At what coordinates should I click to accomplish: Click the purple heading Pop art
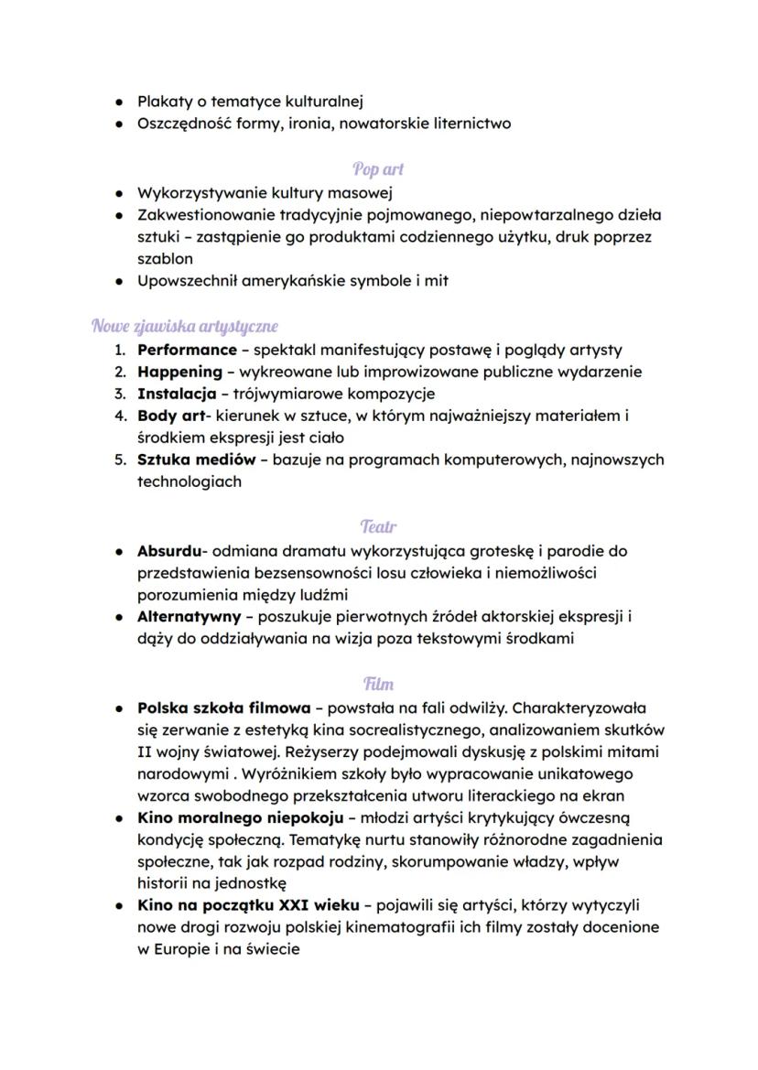point(378,169)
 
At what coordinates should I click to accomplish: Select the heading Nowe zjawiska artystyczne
point(184,326)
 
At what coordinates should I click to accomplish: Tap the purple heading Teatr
point(378,527)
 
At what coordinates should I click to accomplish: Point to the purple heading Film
point(378,684)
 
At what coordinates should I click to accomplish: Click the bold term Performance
point(187,350)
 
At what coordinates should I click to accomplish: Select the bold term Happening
point(179,372)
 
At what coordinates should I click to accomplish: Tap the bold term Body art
point(169,416)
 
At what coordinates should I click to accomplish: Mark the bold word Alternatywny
point(189,617)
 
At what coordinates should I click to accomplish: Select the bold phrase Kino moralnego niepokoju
point(240,817)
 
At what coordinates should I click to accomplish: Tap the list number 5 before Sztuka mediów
point(119,459)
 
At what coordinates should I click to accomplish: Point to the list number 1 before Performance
point(119,350)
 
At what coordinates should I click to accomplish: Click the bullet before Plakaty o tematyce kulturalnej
point(120,102)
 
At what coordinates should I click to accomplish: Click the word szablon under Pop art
point(165,259)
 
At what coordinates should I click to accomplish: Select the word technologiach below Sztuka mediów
point(189,481)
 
